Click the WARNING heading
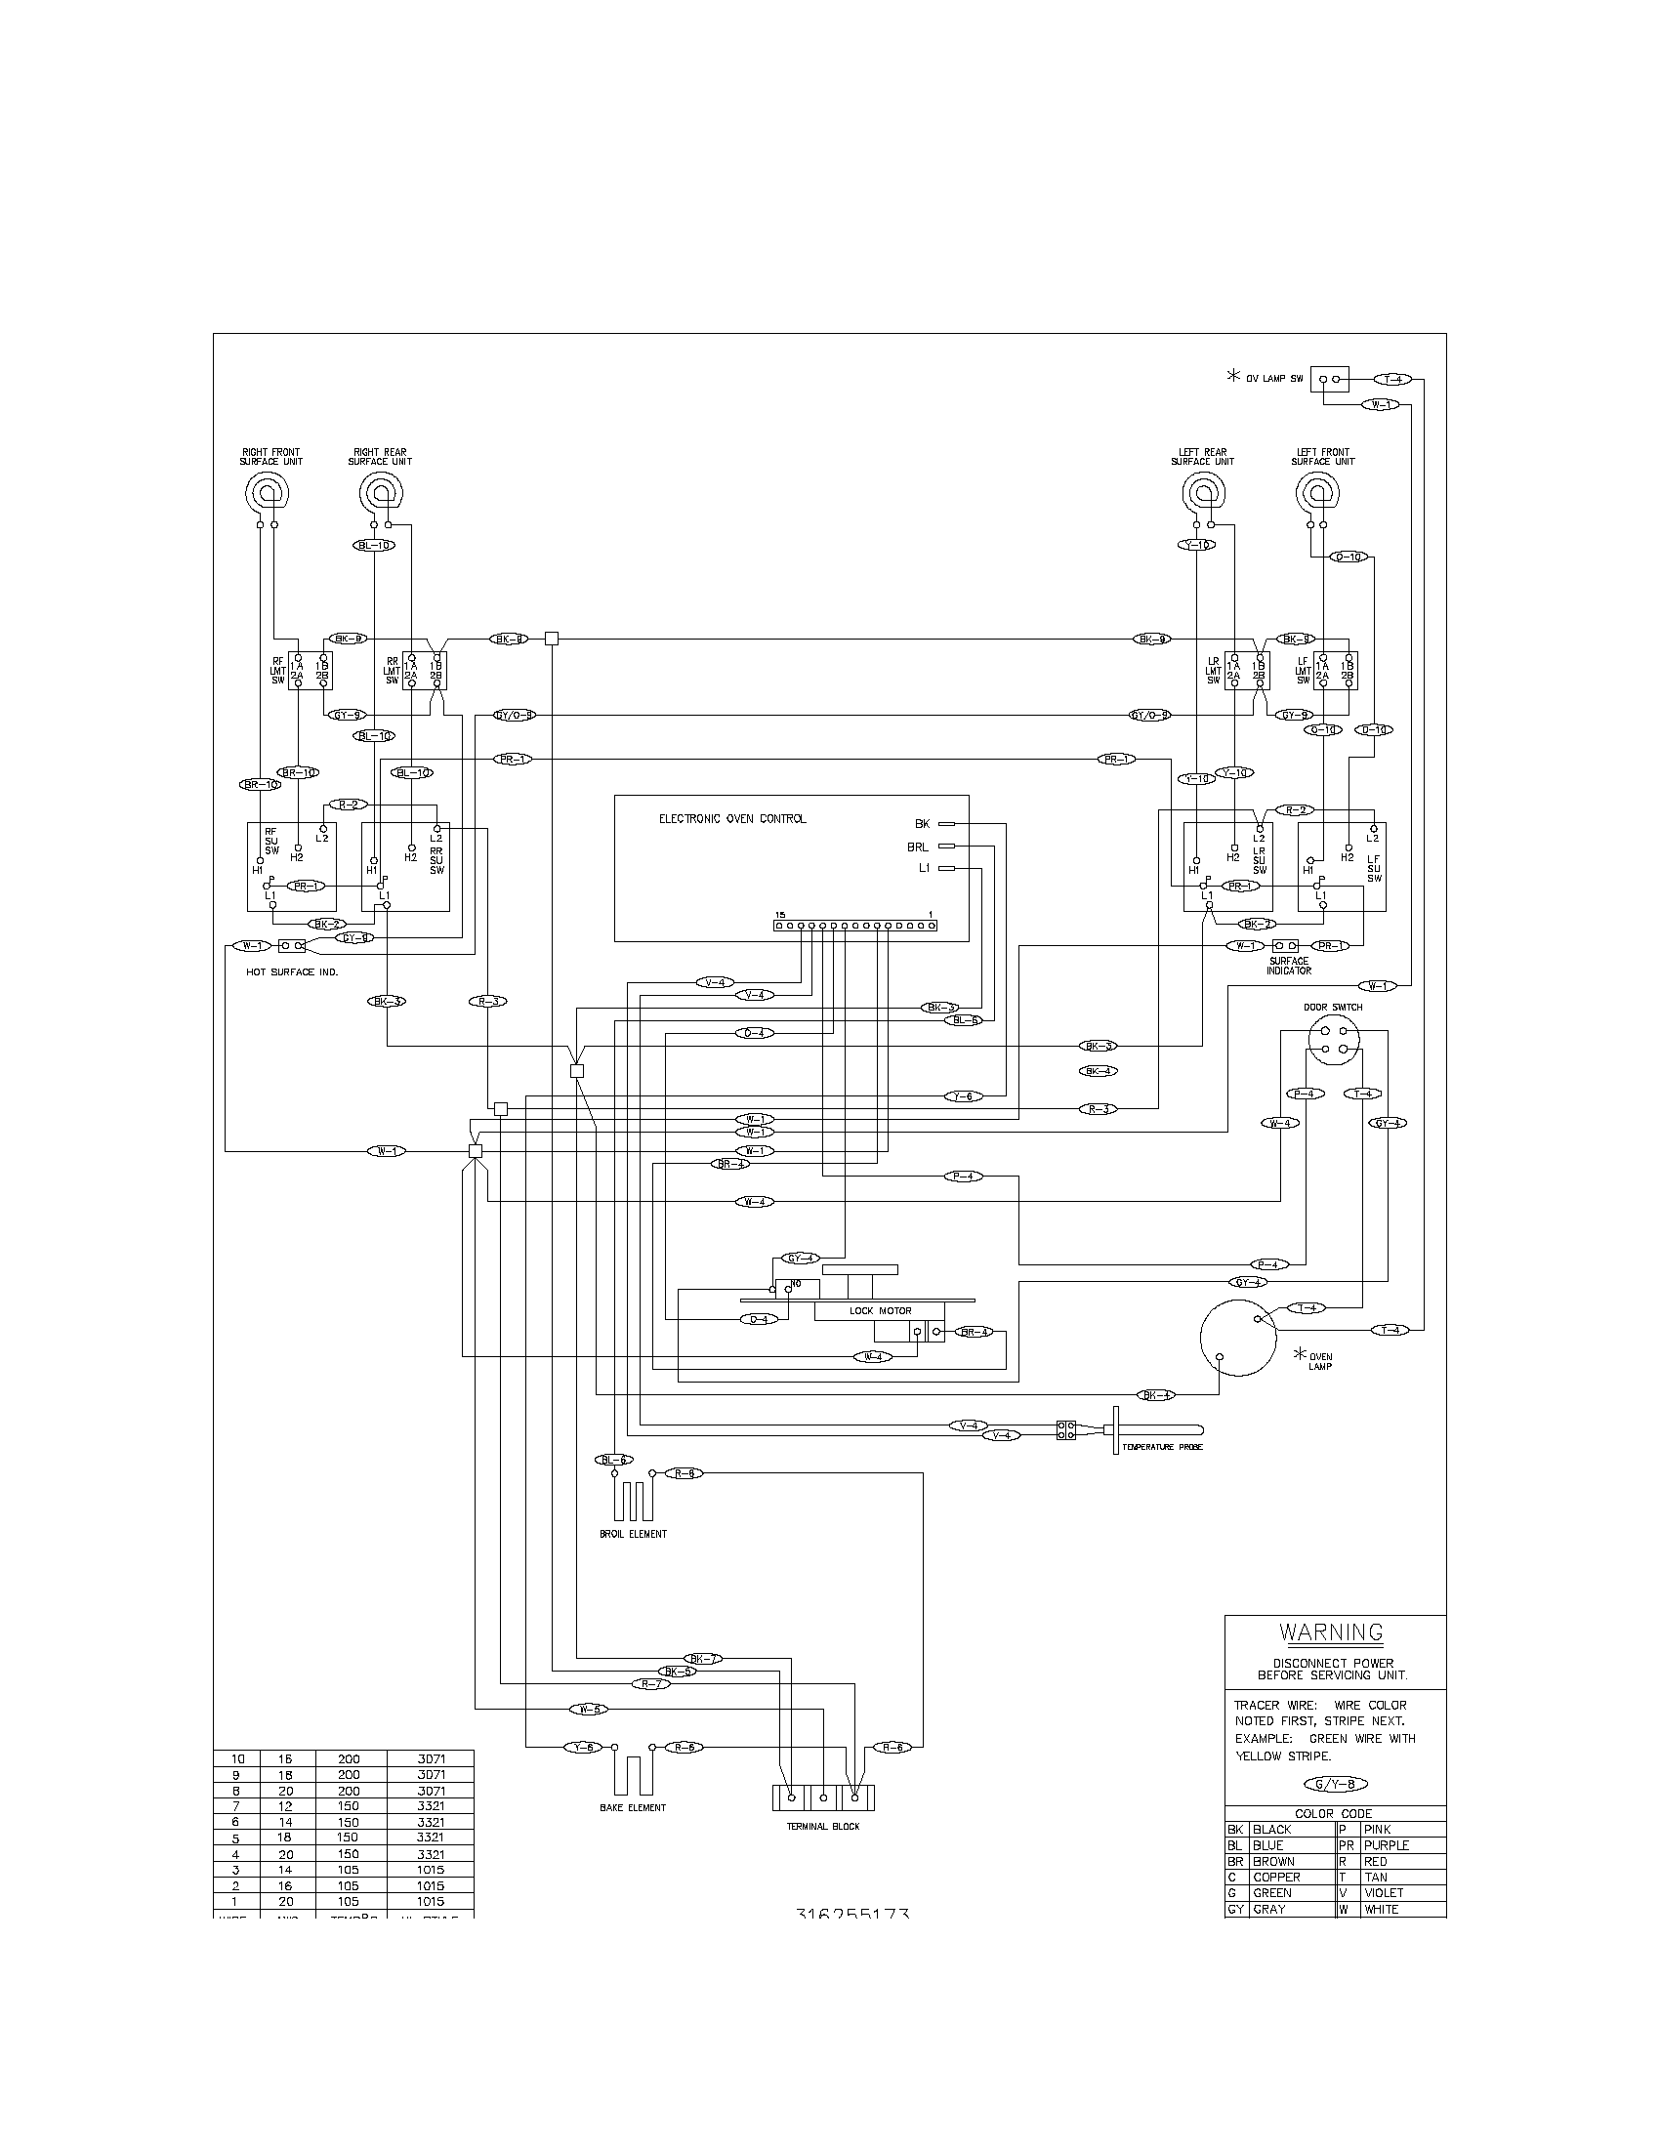pos(1332,1633)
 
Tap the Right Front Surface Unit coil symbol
pos(267,489)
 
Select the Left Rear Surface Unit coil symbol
pos(1203,489)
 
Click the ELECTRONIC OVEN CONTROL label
pos(732,818)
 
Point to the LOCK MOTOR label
pos(880,1311)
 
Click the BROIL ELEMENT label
pos(634,1534)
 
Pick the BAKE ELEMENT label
pos(633,1807)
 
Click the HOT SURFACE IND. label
pos(291,971)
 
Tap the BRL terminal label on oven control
pos(918,846)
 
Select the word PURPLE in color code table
pos(1387,1845)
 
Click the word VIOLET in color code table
pos(1384,1892)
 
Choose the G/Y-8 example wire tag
pos(1335,1784)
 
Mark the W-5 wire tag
pos(588,1710)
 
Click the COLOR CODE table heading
pos(1334,1814)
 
